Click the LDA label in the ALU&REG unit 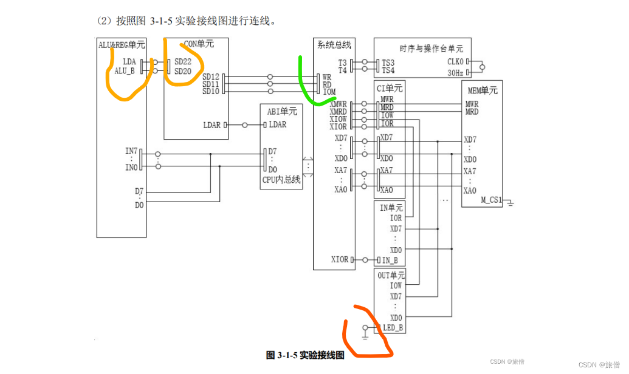129,62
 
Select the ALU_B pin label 125,71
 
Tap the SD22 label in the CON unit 183,62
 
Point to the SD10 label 211,92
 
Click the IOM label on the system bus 329,92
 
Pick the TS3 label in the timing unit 388,63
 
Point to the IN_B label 390,260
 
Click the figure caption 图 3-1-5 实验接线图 305,356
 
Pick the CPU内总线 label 281,180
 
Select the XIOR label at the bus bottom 340,259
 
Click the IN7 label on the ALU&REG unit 131,151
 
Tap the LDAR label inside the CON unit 212,125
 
